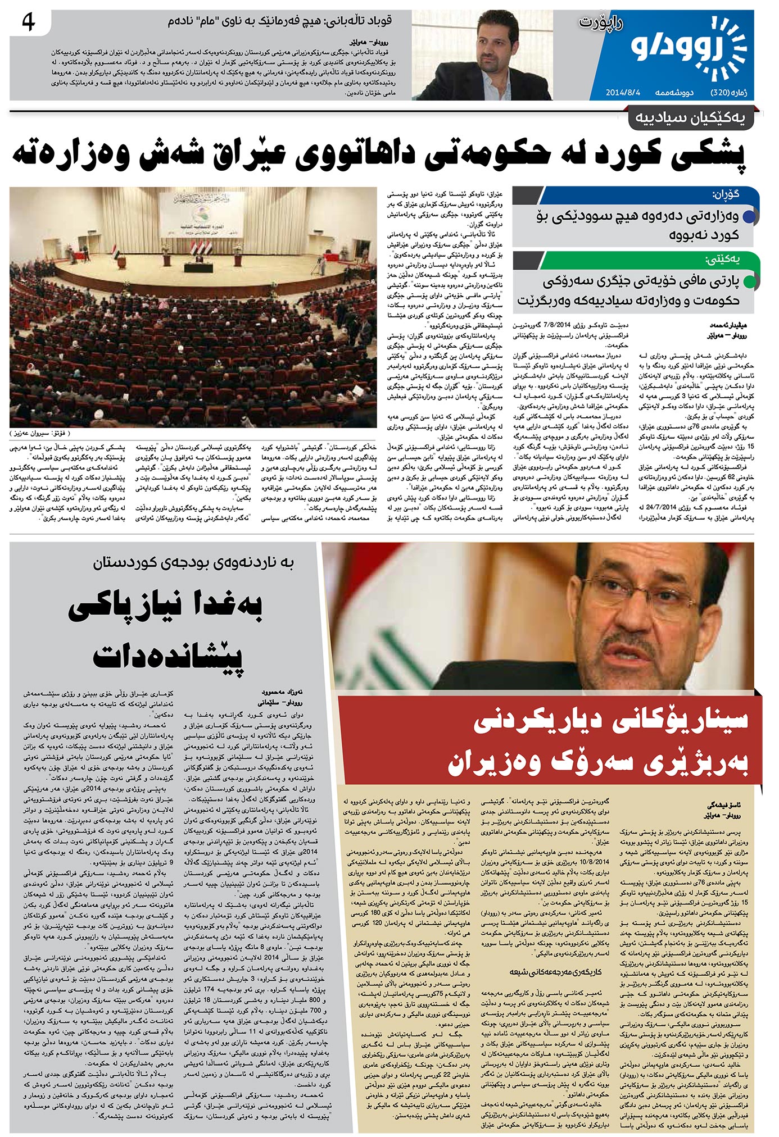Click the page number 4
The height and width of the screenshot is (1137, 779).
pos(28,23)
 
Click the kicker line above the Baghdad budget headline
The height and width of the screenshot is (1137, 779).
pos(194,562)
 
